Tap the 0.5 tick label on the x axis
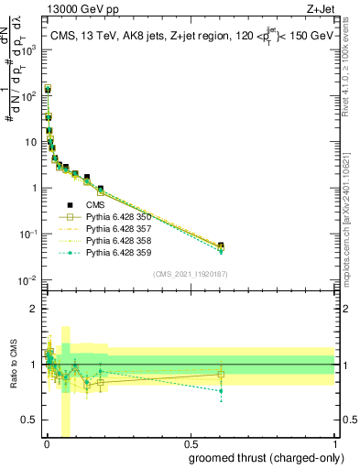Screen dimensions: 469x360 [x=190, y=445]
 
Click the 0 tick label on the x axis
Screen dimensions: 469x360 [x=47, y=445]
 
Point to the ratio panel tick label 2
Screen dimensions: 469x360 [x=33, y=309]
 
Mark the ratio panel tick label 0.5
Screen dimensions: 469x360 [x=29, y=420]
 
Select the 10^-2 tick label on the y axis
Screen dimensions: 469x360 [x=28, y=280]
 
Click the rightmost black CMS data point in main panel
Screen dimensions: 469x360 [x=221, y=245]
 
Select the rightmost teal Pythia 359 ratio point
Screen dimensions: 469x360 [x=221, y=391]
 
